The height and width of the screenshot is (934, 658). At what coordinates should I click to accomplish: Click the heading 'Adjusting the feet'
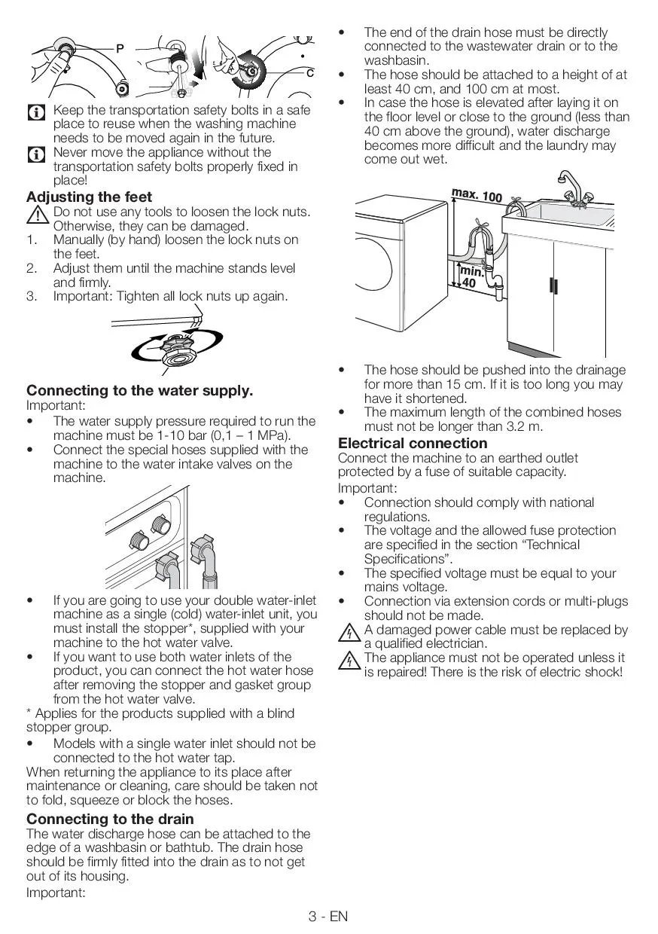(x=90, y=197)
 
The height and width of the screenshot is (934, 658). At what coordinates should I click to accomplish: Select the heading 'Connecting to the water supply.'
(x=140, y=390)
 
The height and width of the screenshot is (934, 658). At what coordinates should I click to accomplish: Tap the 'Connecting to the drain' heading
(x=110, y=819)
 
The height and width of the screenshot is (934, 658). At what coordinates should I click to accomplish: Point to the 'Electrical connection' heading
(x=413, y=443)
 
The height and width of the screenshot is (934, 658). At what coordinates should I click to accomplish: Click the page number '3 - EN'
(x=328, y=916)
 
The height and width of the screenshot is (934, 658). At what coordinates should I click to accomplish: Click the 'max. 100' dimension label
(x=477, y=196)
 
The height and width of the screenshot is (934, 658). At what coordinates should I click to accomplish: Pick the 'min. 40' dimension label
(x=471, y=277)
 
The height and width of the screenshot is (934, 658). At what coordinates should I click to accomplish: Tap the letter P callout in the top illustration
(x=120, y=49)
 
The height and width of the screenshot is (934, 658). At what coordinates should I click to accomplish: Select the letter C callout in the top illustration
(x=309, y=73)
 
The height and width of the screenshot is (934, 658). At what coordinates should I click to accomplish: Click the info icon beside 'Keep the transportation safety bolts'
(x=35, y=113)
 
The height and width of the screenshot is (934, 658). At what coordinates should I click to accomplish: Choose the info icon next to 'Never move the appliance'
(x=35, y=155)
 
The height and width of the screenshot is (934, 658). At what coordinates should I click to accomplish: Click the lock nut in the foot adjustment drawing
(x=180, y=349)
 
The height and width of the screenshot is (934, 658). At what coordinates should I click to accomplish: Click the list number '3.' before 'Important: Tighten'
(x=32, y=296)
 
